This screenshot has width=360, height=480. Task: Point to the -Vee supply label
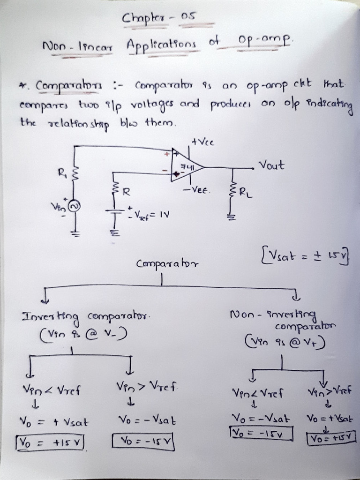pyautogui.click(x=197, y=191)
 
